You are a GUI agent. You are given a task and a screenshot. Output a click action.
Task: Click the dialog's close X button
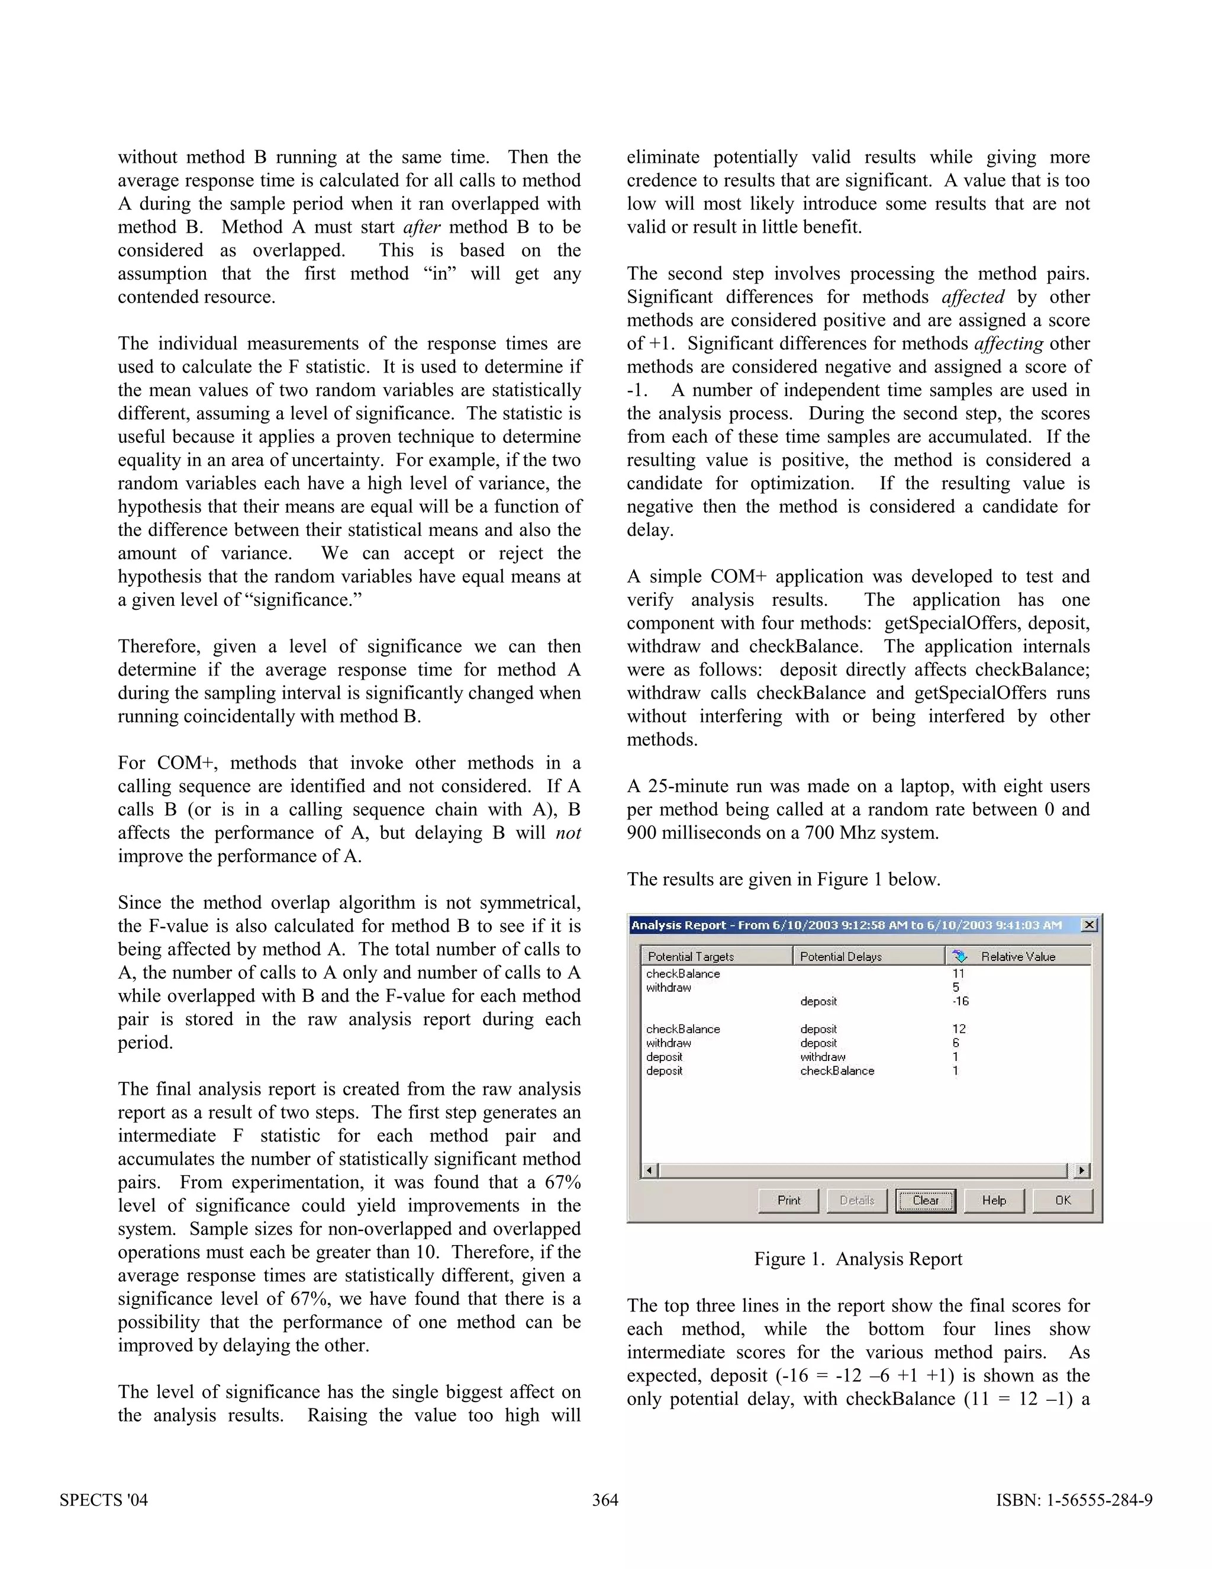[x=1088, y=925]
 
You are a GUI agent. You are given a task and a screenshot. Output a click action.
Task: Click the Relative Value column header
[x=1017, y=956]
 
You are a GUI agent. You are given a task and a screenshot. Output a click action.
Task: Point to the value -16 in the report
[x=960, y=1001]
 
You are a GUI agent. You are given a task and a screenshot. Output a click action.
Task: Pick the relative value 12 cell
[x=959, y=1029]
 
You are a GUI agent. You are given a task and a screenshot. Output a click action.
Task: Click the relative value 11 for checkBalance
[x=959, y=973]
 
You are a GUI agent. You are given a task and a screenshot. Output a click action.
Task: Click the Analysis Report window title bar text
[x=846, y=925]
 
